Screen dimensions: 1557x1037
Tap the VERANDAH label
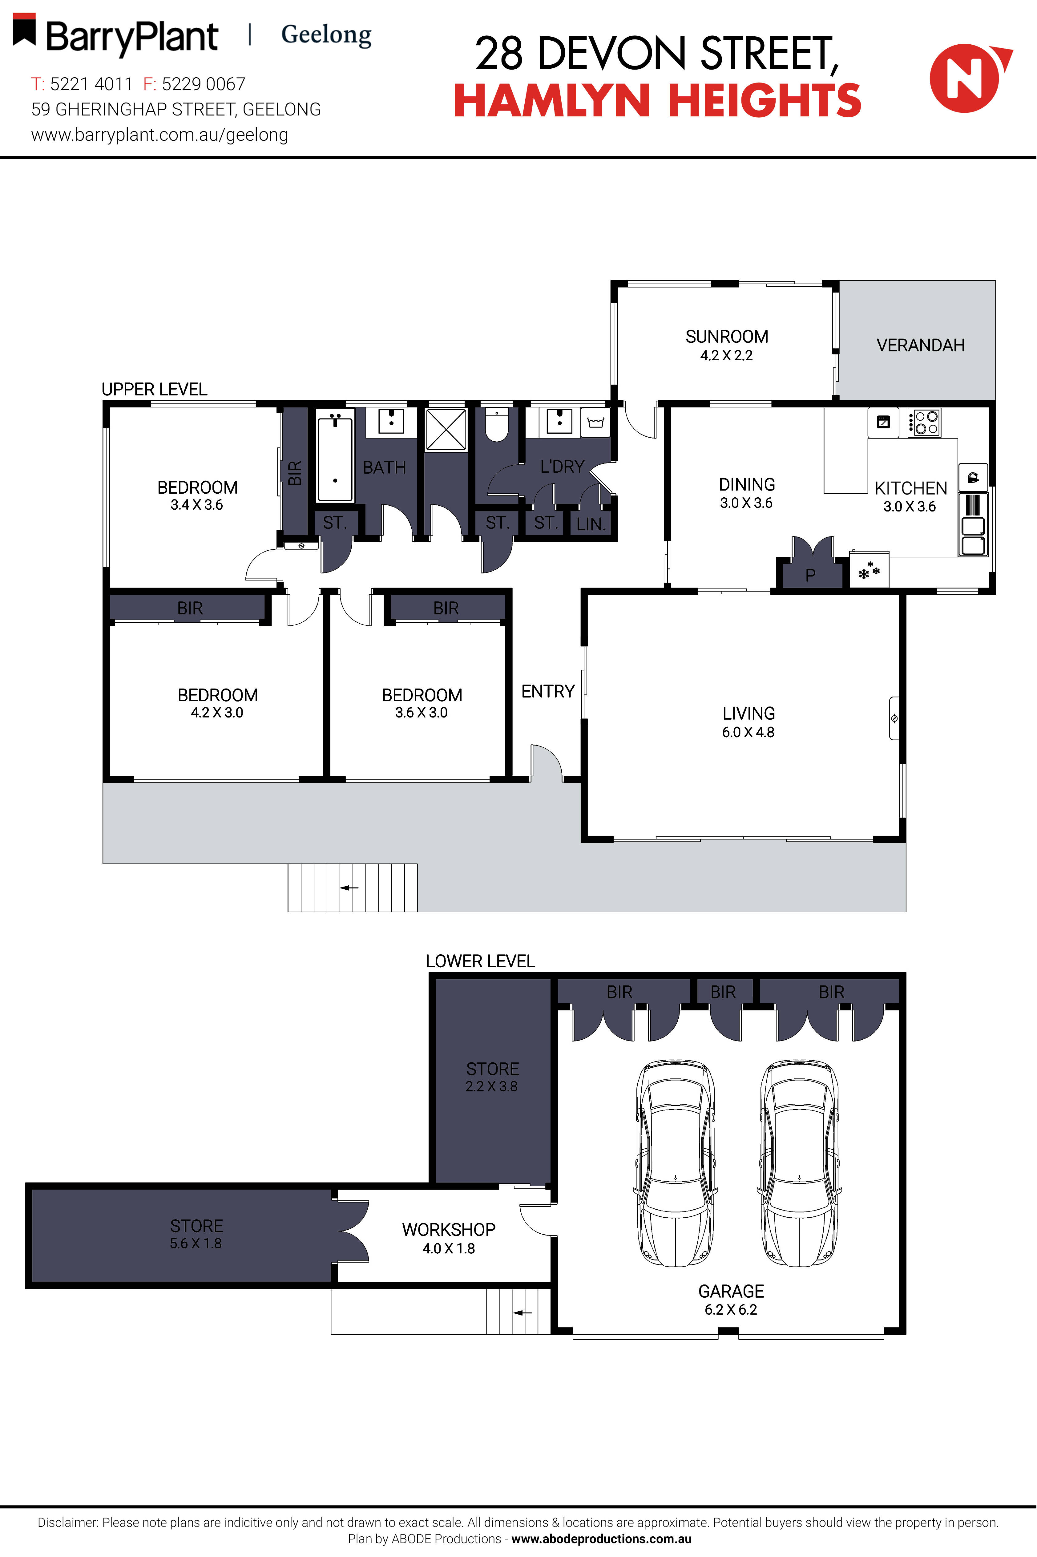[920, 345]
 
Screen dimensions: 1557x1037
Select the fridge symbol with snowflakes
[868, 571]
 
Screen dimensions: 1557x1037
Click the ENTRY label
[548, 691]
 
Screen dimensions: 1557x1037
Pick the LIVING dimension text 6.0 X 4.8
[748, 732]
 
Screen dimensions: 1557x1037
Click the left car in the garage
[675, 1164]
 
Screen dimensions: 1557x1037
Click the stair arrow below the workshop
[523, 1312]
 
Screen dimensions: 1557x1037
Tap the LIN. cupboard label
[591, 524]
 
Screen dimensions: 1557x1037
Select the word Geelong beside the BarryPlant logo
[326, 34]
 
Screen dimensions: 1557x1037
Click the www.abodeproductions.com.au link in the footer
[601, 1539]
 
